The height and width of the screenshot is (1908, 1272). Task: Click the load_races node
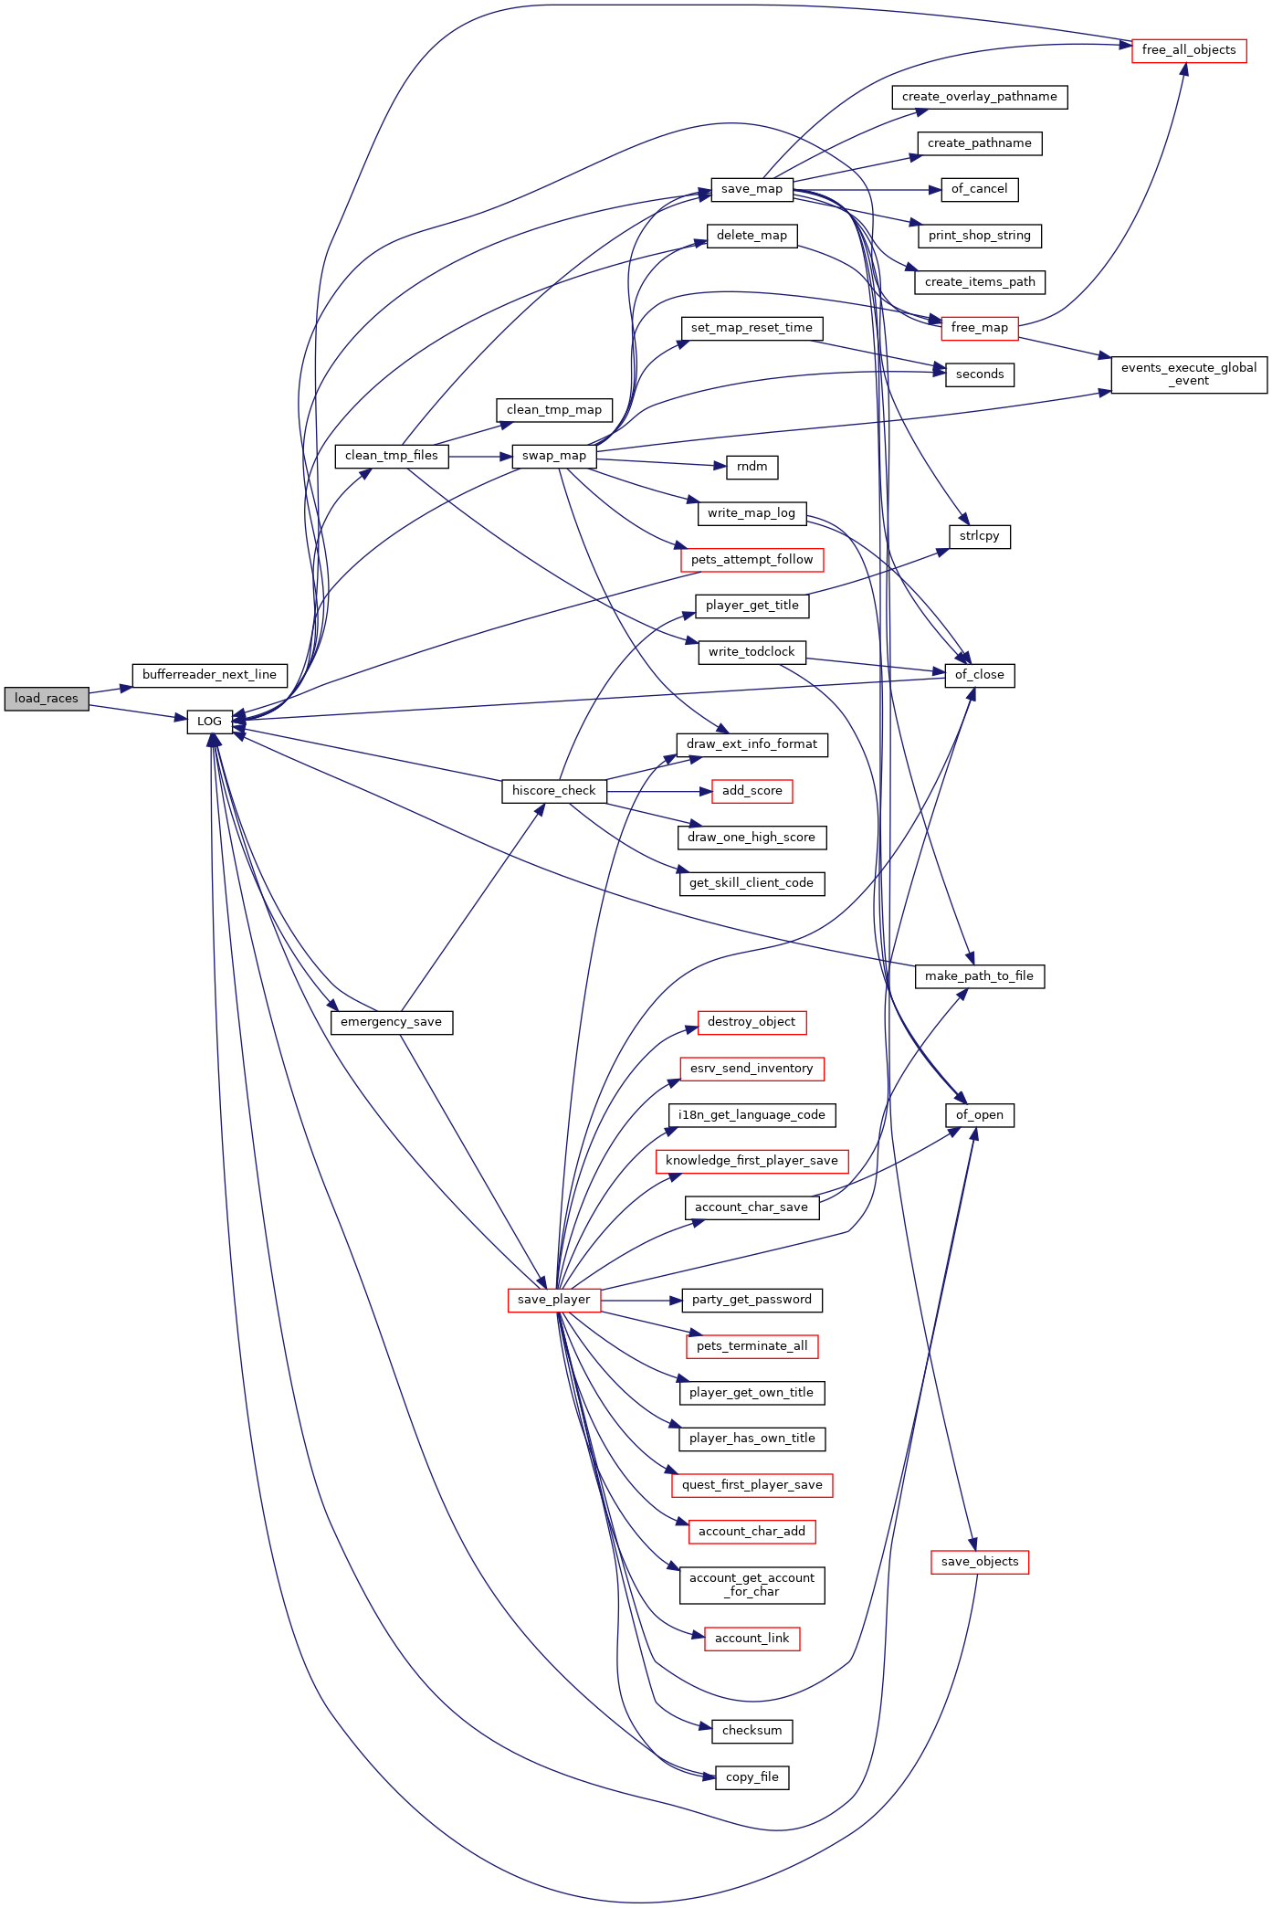point(47,699)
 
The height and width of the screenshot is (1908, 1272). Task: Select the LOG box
point(209,722)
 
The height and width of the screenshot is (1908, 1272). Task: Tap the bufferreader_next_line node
point(209,675)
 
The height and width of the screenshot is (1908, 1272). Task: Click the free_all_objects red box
point(1189,50)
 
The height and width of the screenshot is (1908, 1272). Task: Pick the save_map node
point(752,189)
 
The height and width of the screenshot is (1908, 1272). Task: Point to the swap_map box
point(554,456)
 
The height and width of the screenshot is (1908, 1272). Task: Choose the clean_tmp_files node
point(392,456)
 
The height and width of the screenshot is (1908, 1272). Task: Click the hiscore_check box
point(554,791)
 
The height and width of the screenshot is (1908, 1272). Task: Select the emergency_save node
point(392,1022)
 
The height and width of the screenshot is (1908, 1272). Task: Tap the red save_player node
point(554,1300)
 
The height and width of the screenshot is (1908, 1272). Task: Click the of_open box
point(980,1115)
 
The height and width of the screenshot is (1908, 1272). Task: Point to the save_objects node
point(980,1562)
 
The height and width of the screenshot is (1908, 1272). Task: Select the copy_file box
point(752,1777)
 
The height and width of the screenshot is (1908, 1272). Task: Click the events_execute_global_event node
point(1189,374)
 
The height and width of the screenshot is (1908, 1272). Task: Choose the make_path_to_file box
point(980,976)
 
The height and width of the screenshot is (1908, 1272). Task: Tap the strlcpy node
point(980,536)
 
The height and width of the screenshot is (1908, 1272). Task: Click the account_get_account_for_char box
point(752,1585)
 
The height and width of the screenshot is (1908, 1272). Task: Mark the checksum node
point(752,1731)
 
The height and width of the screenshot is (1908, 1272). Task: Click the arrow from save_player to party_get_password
point(642,1300)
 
